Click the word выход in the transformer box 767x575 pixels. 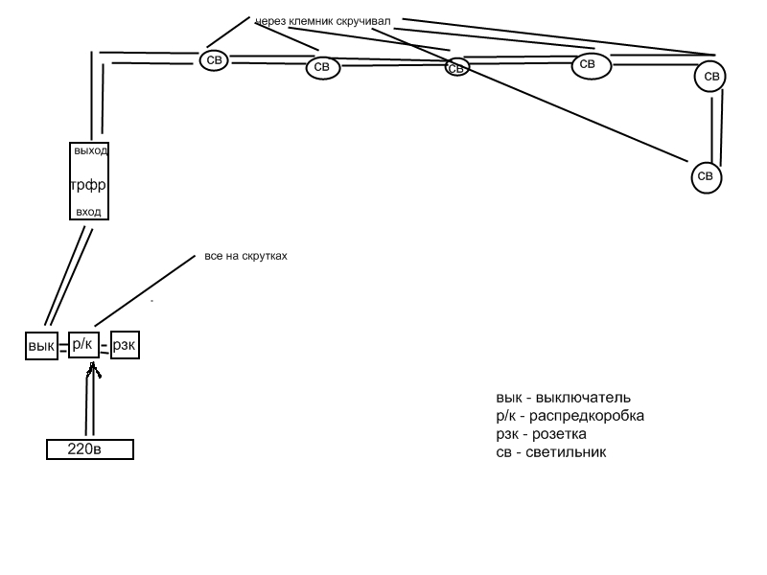[x=90, y=151]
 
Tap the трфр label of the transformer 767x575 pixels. [x=88, y=184]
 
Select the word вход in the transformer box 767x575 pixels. [x=88, y=211]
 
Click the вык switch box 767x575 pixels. [x=40, y=346]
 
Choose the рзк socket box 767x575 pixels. [x=125, y=345]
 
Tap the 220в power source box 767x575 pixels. [x=90, y=448]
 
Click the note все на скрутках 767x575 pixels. [x=245, y=257]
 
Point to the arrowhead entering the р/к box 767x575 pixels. [x=93, y=368]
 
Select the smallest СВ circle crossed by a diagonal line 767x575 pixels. [x=457, y=68]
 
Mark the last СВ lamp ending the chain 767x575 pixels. [x=706, y=176]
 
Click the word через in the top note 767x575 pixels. [x=272, y=21]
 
